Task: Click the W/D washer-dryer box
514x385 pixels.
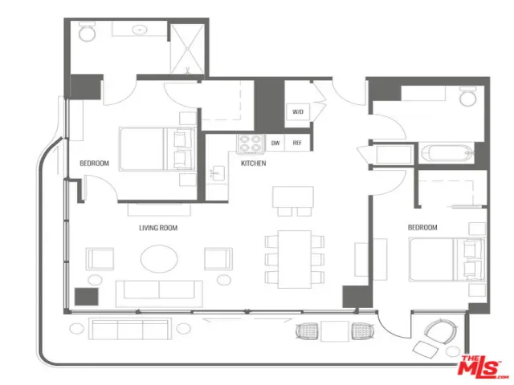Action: point(298,111)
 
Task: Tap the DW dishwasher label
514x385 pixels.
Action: point(275,143)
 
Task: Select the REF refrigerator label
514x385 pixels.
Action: point(297,143)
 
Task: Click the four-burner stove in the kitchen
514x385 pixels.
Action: point(251,144)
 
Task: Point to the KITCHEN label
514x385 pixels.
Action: point(254,163)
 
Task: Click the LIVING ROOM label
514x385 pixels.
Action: point(158,228)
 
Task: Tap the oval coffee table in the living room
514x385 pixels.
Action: point(159,258)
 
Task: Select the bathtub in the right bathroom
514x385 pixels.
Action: point(447,153)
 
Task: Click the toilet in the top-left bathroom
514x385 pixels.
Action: point(88,32)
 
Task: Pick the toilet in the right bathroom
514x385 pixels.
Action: point(467,96)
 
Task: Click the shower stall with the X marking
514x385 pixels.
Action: point(188,49)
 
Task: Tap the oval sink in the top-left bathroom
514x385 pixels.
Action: point(140,30)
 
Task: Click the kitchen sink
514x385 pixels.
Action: point(217,173)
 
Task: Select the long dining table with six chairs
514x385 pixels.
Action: point(295,259)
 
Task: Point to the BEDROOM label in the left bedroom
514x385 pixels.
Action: point(95,163)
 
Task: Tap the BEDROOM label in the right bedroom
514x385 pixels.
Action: point(422,227)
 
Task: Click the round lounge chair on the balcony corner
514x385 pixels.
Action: point(440,331)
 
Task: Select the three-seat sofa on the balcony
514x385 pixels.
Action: point(130,329)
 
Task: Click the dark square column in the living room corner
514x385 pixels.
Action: point(87,297)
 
